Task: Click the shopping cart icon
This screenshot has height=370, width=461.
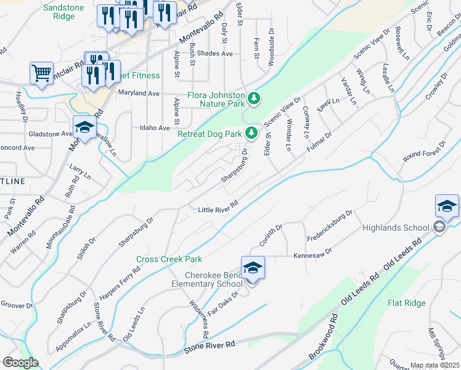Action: coord(41,73)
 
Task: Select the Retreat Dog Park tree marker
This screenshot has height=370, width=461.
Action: coord(251,133)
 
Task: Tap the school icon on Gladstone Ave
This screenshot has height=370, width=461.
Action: coord(84,128)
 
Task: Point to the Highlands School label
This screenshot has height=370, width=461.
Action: coord(395,228)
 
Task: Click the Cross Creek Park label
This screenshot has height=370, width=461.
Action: coord(169,260)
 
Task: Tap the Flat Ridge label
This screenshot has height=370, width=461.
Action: coord(407,303)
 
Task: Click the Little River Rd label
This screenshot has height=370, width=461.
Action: coord(218,210)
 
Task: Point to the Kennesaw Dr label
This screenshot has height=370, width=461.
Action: coord(312,253)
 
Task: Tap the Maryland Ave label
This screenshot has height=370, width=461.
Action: coord(139,94)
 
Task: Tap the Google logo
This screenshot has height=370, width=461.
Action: coord(20,363)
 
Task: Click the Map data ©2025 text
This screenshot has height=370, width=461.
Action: coord(434,365)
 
